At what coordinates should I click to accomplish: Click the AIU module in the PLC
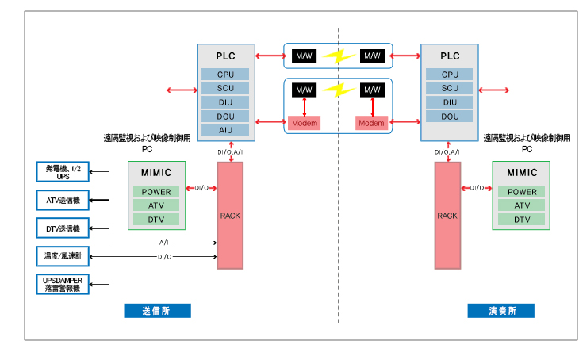225,130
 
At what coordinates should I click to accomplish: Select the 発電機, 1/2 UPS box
63,172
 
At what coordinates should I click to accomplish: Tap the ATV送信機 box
63,201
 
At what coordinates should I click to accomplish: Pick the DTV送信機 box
63,228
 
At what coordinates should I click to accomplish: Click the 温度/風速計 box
63,256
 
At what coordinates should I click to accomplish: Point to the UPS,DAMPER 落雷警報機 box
63,284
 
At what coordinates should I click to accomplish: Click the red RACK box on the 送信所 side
230,215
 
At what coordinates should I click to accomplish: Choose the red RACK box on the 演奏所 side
447,215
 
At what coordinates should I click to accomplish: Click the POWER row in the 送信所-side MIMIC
156,192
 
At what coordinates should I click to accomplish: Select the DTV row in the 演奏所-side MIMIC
522,220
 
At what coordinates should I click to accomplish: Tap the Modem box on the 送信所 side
305,123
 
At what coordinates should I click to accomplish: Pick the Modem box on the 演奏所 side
370,123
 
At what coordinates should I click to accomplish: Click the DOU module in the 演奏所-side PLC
450,116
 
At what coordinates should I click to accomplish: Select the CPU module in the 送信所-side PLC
225,75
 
